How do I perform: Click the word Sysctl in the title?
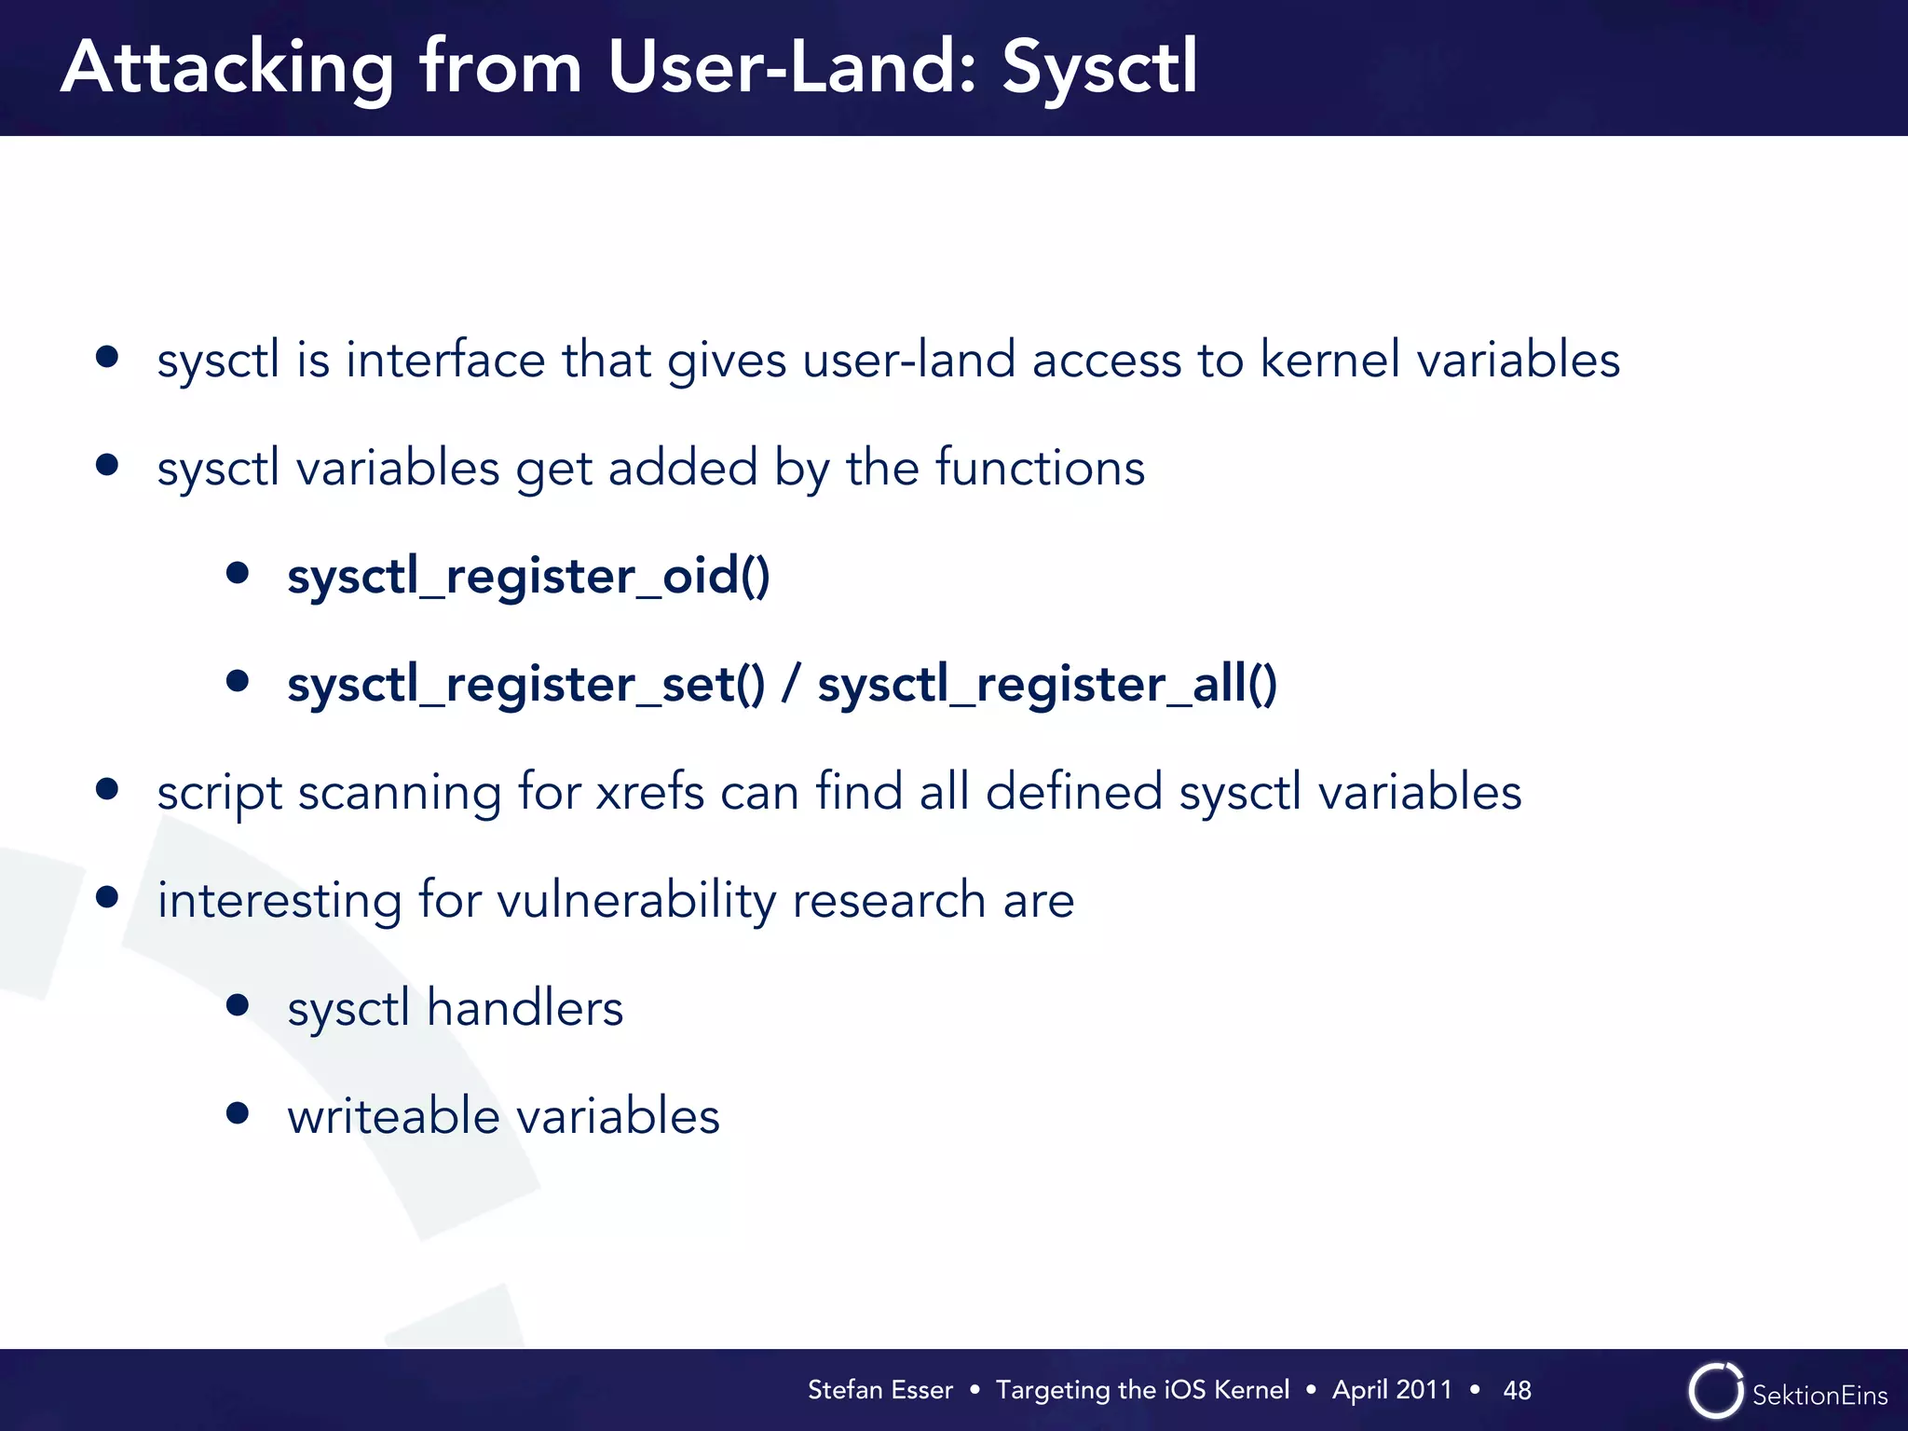point(1099,69)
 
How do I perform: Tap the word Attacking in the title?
point(228,69)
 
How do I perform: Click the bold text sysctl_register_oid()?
point(528,576)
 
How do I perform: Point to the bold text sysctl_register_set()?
point(526,685)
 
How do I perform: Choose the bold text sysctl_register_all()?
point(1047,685)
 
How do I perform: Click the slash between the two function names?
point(791,685)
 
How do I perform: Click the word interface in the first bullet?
point(445,360)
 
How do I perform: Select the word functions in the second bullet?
point(1040,468)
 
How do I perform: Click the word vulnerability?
point(636,901)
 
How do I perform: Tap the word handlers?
point(525,1009)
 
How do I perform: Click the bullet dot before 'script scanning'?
point(107,789)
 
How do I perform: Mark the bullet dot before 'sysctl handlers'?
point(238,1005)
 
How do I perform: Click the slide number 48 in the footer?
point(1517,1390)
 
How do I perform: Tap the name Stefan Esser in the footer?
point(879,1390)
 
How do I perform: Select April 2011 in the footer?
point(1392,1390)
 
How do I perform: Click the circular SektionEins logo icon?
point(1715,1390)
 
